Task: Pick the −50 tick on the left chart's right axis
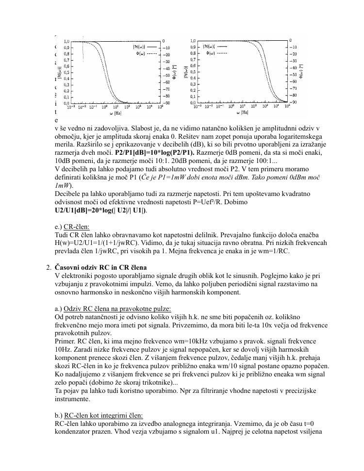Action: click(166, 76)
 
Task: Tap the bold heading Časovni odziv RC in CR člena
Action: click(101, 267)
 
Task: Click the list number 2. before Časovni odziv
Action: click(49, 267)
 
